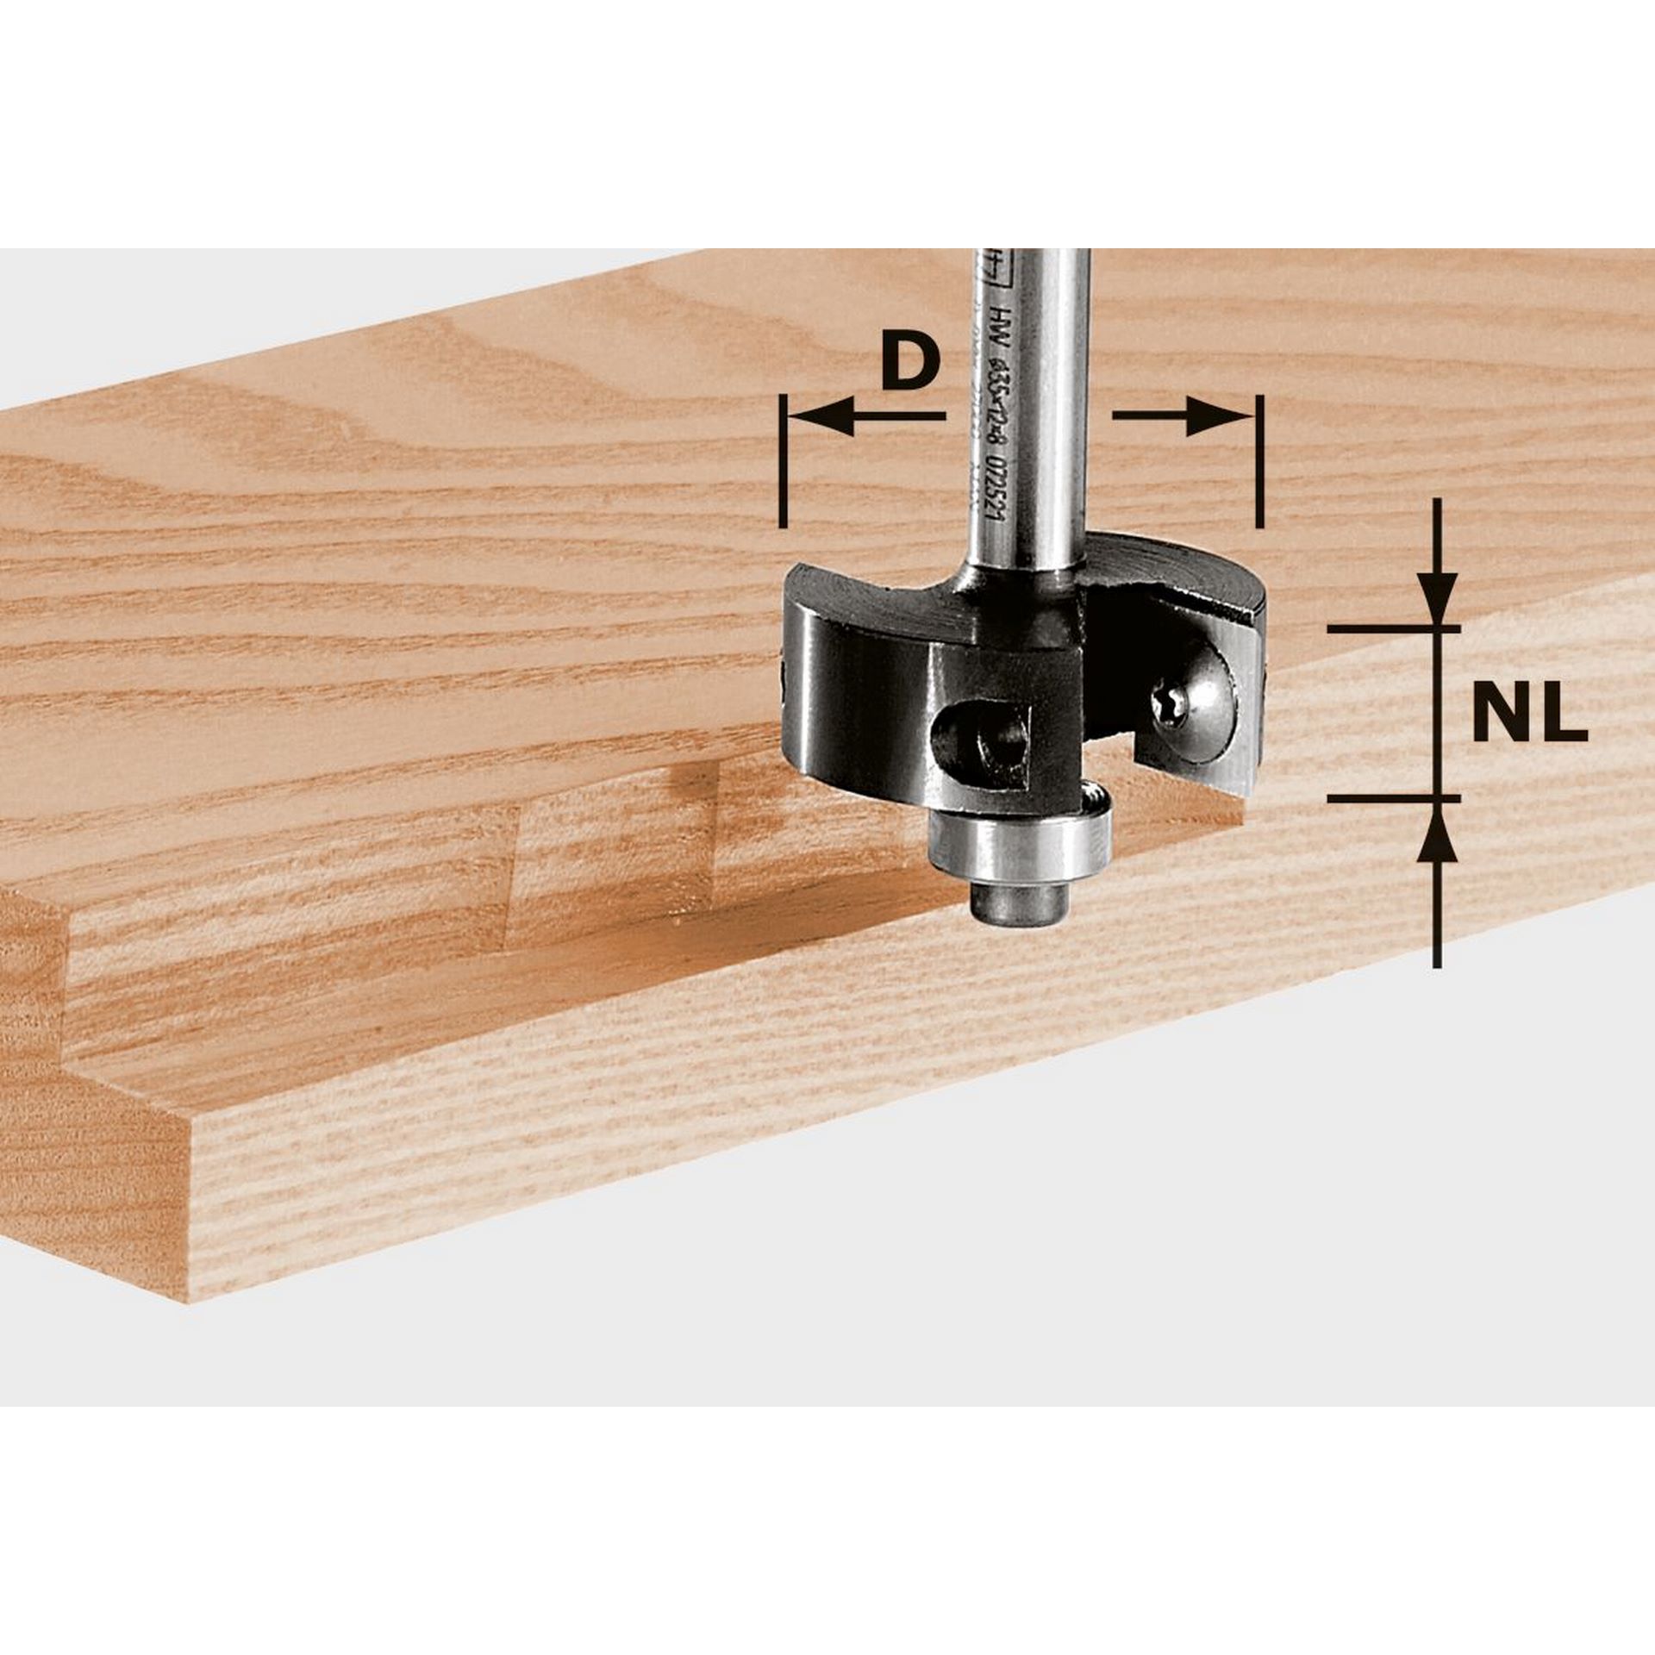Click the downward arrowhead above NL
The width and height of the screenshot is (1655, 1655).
tap(1437, 596)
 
